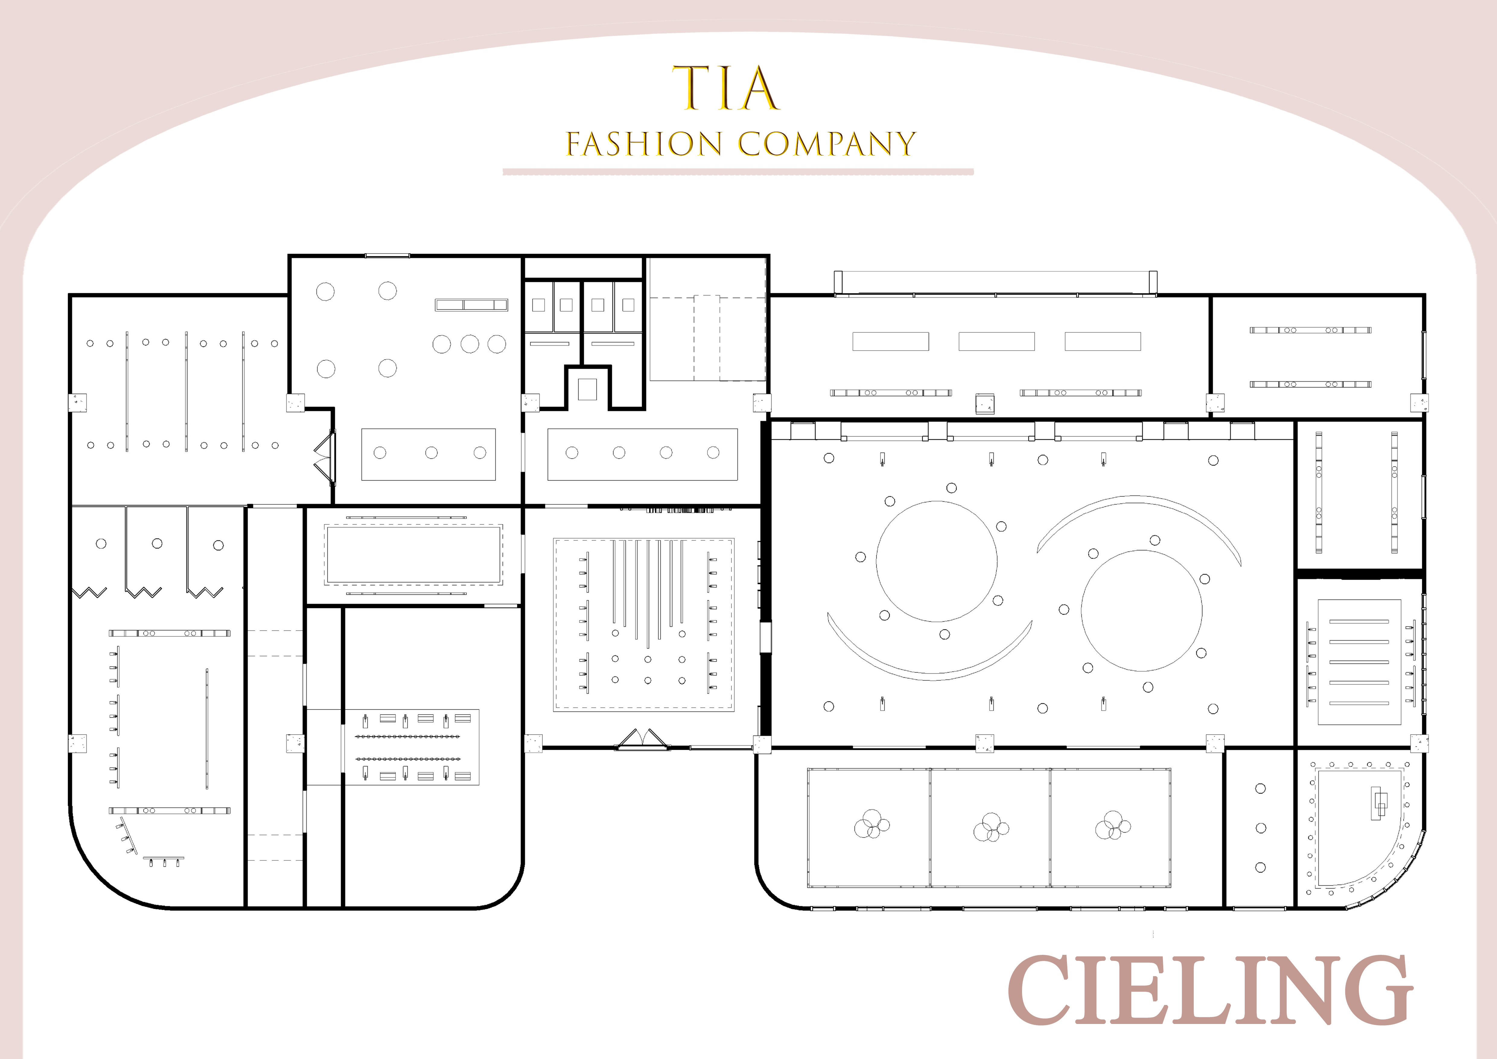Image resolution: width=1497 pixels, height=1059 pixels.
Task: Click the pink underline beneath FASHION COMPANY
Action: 738,172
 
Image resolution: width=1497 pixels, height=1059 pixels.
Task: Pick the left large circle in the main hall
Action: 936,561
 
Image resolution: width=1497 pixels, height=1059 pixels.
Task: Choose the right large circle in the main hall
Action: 1142,610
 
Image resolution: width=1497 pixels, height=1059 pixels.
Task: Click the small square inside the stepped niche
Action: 588,390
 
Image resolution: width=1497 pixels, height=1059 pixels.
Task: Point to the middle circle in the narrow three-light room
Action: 1261,828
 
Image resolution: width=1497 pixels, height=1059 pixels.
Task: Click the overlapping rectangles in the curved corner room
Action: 1379,803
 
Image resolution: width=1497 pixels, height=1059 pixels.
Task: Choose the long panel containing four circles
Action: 642,455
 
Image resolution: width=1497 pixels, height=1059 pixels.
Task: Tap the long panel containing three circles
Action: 428,455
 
